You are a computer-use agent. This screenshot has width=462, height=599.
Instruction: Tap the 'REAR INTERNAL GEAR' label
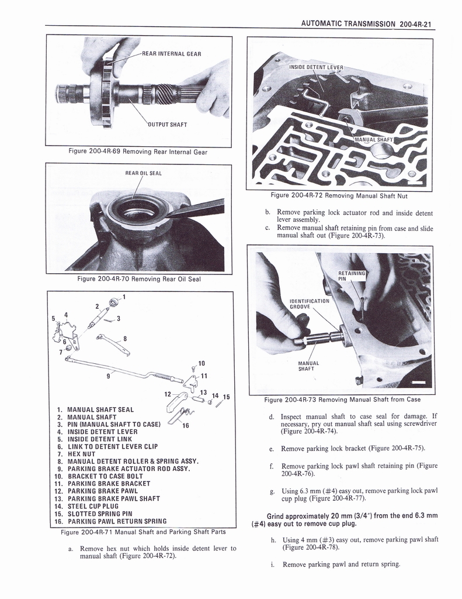172,54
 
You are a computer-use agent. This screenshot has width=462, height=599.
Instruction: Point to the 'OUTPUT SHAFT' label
167,124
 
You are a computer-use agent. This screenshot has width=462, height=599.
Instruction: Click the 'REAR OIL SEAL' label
144,173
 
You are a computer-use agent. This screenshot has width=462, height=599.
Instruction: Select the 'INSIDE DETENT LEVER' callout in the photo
316,67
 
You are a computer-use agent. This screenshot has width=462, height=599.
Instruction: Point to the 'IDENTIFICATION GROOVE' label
310,304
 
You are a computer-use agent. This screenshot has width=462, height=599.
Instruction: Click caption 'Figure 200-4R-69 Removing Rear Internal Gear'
138,152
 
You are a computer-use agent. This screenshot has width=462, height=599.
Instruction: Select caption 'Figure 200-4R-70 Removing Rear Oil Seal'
139,278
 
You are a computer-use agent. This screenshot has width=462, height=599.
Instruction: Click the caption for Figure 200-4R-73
342,400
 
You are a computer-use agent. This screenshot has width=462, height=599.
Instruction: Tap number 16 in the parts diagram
186,425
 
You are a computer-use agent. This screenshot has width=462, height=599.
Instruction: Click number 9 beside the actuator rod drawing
108,376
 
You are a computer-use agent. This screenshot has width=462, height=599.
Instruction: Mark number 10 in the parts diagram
201,363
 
